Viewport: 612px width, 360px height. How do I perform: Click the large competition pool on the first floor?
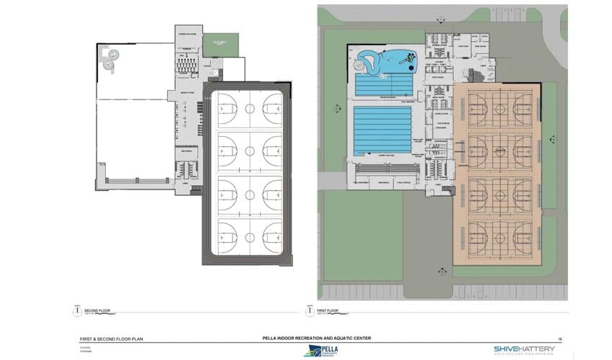[x=382, y=130]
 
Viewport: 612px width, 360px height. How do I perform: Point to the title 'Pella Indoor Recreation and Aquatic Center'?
[x=318, y=338]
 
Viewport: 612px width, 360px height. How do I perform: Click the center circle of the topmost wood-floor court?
[x=498, y=108]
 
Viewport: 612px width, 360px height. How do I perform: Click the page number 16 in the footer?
[x=559, y=338]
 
